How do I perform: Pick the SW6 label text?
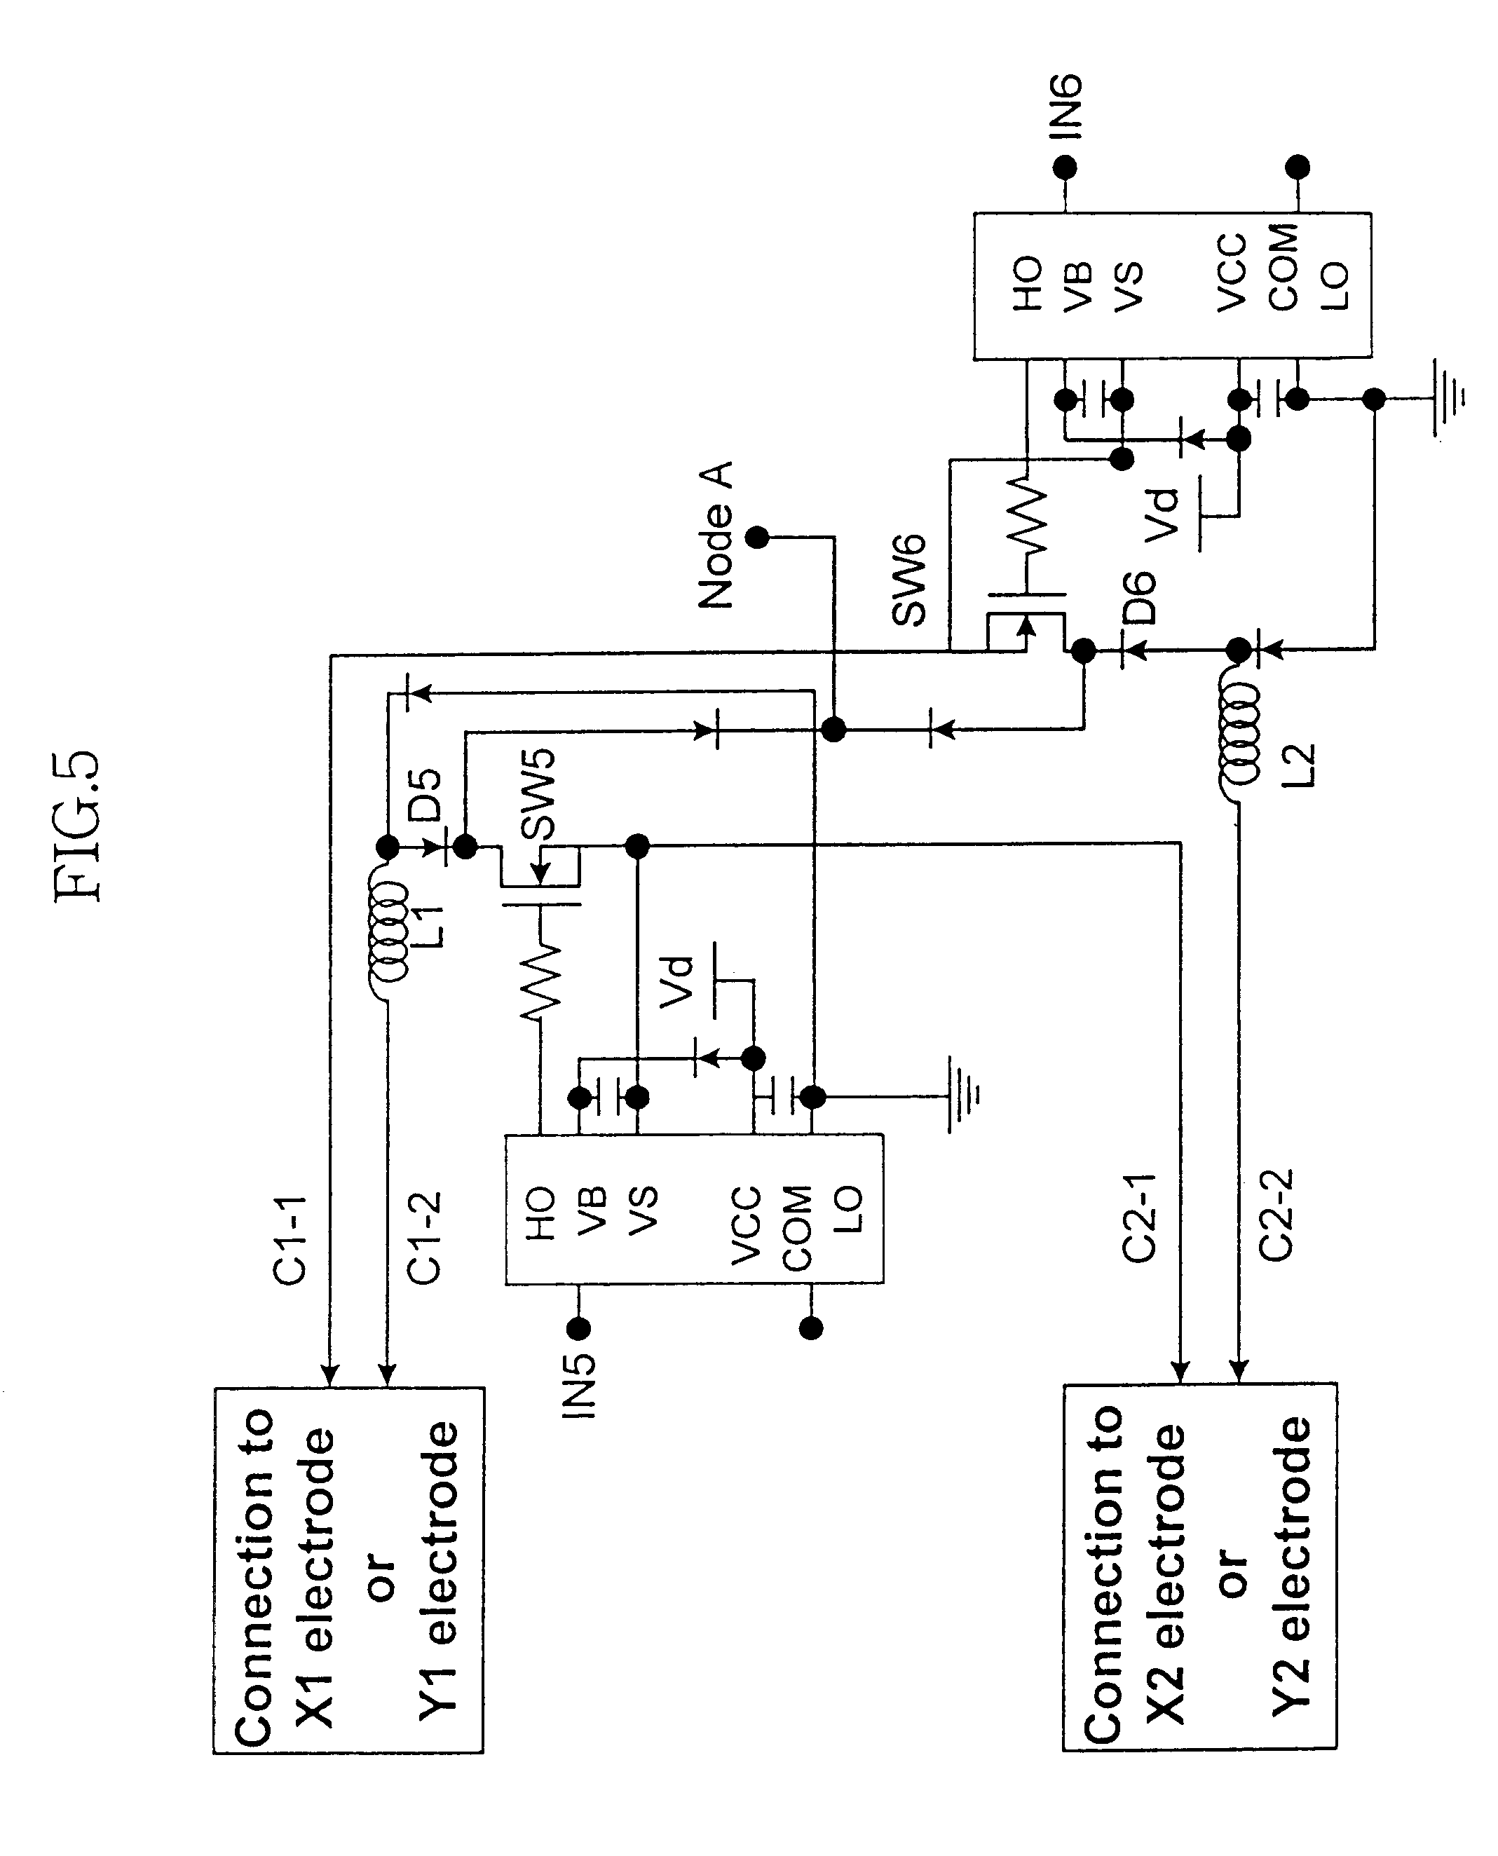coord(908,580)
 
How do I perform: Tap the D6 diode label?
coord(1139,597)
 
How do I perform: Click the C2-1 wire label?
coord(1139,1218)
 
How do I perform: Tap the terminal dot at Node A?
coord(757,538)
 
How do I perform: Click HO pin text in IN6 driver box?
coord(1027,283)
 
